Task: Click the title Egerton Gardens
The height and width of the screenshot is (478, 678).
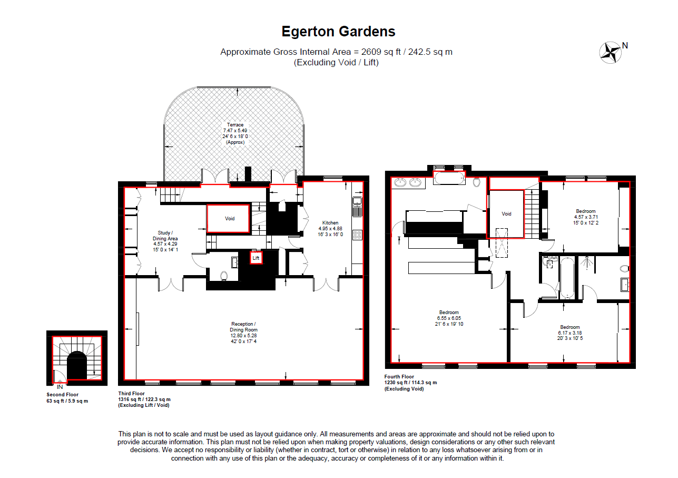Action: [x=338, y=32]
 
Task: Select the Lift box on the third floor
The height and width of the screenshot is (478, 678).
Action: [x=256, y=258]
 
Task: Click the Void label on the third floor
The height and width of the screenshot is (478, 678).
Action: [x=230, y=218]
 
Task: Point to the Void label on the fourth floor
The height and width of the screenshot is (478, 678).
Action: [x=506, y=214]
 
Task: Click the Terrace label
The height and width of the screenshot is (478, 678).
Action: [x=235, y=125]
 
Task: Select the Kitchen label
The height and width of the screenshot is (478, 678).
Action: [x=330, y=222]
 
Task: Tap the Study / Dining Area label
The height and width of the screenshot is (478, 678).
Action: [x=165, y=236]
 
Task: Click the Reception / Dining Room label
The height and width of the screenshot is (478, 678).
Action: [x=243, y=327]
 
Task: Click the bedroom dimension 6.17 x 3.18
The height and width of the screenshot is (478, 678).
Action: [x=570, y=333]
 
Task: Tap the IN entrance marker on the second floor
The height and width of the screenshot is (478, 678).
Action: [x=60, y=386]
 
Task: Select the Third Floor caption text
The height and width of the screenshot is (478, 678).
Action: [x=131, y=393]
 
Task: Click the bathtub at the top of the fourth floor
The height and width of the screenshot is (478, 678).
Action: [x=449, y=179]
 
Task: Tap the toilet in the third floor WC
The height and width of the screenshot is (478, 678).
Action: [x=223, y=275]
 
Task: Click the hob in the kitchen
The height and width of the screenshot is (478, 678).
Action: [x=357, y=235]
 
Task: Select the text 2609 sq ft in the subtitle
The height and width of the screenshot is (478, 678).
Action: [x=378, y=52]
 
